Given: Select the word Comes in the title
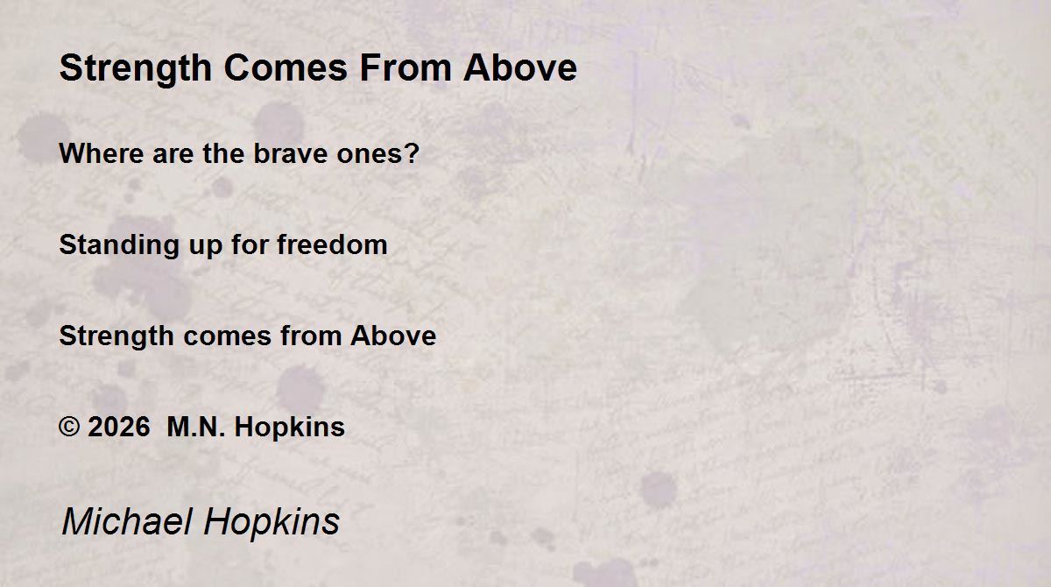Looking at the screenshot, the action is [286, 68].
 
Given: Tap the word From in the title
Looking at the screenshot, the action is [406, 68].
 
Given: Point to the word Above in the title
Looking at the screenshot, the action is [520, 68].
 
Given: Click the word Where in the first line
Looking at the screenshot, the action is [102, 153].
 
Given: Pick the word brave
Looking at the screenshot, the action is [290, 153].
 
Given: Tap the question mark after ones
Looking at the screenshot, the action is [413, 153].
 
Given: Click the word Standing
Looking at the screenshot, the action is [119, 246].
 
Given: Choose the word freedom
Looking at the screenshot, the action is [332, 244].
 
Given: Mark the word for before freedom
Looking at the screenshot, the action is [250, 244].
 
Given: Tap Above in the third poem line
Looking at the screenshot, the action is [393, 336].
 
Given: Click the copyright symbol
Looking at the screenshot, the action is [69, 427].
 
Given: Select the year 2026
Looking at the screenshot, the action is [119, 427].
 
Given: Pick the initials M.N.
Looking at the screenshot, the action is [196, 427].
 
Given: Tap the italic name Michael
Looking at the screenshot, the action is [127, 521].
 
